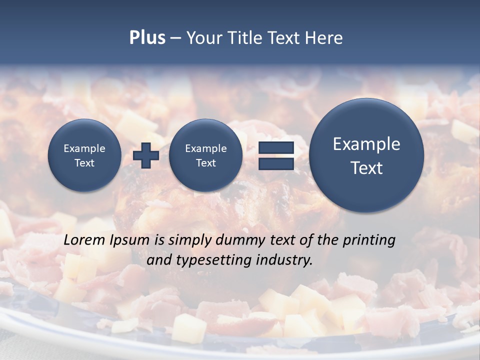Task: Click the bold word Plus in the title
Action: click(147, 38)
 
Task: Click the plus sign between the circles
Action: click(146, 155)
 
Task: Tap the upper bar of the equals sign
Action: click(276, 147)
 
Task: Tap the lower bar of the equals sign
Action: click(276, 163)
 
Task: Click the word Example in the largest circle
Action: click(366, 144)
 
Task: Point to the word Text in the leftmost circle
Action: click(84, 162)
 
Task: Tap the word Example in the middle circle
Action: click(205, 148)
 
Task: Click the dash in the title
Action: click(175, 38)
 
